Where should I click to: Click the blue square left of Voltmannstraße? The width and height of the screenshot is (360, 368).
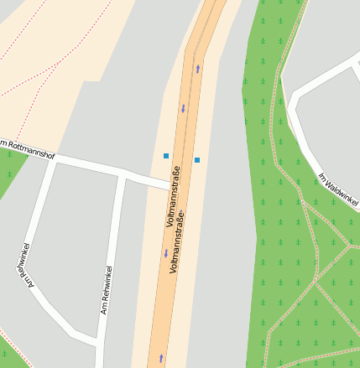click(x=166, y=156)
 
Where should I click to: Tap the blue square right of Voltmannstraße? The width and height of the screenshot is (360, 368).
click(x=197, y=159)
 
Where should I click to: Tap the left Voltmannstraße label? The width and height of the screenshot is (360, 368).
click(x=175, y=198)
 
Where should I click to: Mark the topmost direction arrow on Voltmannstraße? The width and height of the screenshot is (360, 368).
click(x=198, y=69)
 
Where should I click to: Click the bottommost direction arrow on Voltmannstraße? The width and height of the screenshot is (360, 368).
click(x=161, y=358)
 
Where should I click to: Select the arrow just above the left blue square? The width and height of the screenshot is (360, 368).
click(x=183, y=108)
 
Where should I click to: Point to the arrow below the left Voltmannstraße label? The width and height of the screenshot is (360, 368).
click(x=166, y=252)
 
